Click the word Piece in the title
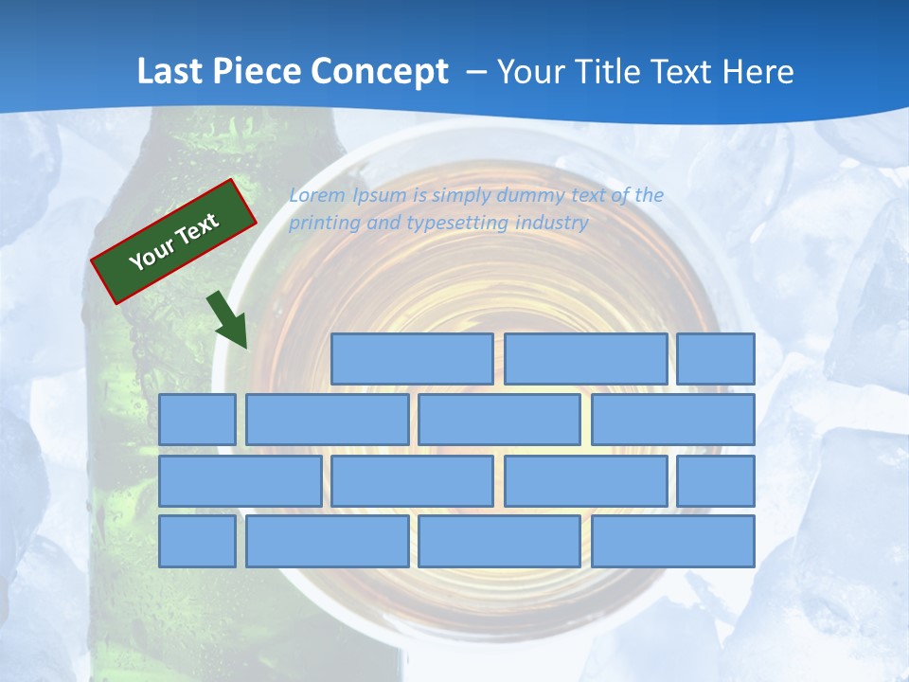248,72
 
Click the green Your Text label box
174,241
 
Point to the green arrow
228,319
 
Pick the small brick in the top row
716,359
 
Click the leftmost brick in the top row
412,359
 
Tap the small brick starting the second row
197,420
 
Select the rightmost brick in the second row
673,420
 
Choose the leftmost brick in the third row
240,481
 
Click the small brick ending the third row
716,481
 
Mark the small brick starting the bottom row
197,542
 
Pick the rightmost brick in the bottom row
673,542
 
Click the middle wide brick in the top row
585,359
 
